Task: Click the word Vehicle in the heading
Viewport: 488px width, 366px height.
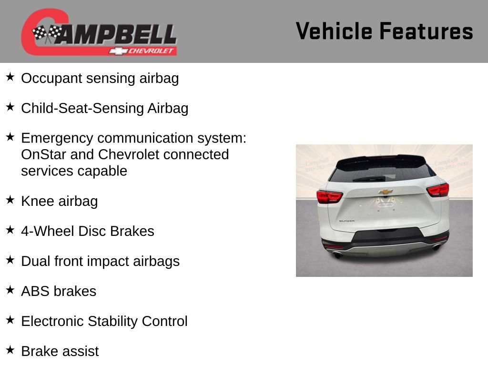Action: [x=334, y=31]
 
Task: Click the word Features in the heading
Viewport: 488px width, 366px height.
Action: [x=427, y=31]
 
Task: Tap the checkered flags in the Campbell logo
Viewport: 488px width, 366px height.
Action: [x=47, y=33]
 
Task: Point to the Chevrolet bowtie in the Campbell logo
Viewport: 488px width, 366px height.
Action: [x=118, y=51]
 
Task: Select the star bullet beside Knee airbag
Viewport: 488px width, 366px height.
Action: [x=10, y=200]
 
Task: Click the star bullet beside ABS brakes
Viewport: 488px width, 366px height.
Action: [x=10, y=290]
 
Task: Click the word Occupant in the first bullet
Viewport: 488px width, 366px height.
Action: [x=51, y=79]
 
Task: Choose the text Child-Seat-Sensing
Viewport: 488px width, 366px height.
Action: [x=82, y=109]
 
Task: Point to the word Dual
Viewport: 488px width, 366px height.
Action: [x=35, y=261]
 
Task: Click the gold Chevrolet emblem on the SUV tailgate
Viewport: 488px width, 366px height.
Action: [x=386, y=192]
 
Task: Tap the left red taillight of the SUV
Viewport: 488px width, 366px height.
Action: [x=329, y=197]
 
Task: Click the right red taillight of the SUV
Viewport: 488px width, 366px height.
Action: [x=438, y=190]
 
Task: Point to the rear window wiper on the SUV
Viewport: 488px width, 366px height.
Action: [x=369, y=179]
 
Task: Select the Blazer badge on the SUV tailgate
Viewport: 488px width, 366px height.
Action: [x=347, y=221]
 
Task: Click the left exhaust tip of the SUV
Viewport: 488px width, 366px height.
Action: [x=337, y=255]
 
